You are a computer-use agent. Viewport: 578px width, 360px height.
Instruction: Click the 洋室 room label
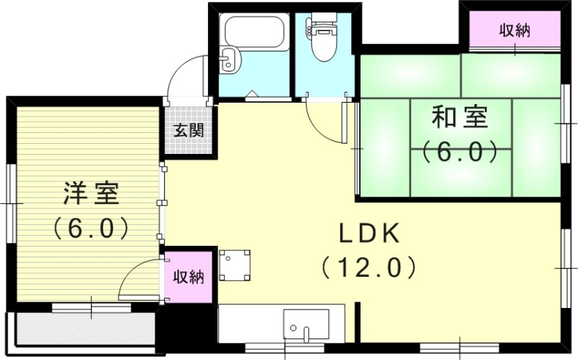pos(90,194)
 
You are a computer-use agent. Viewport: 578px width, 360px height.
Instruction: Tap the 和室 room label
pos(460,117)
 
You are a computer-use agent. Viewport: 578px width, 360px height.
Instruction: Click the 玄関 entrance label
pos(188,131)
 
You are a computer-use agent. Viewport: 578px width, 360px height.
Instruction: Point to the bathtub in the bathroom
pos(248,34)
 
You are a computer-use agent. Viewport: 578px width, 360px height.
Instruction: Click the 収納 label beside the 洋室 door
pos(189,276)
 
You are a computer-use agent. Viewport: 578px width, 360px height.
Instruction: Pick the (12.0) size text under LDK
pos(368,267)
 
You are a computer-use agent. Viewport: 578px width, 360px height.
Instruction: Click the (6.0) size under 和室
pos(460,152)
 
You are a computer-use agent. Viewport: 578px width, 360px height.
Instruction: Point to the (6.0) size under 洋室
pos(90,228)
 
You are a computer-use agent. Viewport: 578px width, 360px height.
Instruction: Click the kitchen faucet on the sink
pos(306,333)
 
